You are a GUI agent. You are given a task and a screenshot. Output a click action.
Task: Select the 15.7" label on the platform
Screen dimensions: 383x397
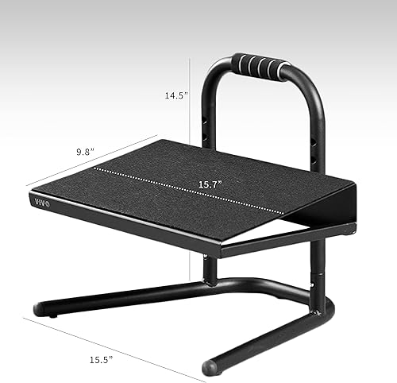210,184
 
